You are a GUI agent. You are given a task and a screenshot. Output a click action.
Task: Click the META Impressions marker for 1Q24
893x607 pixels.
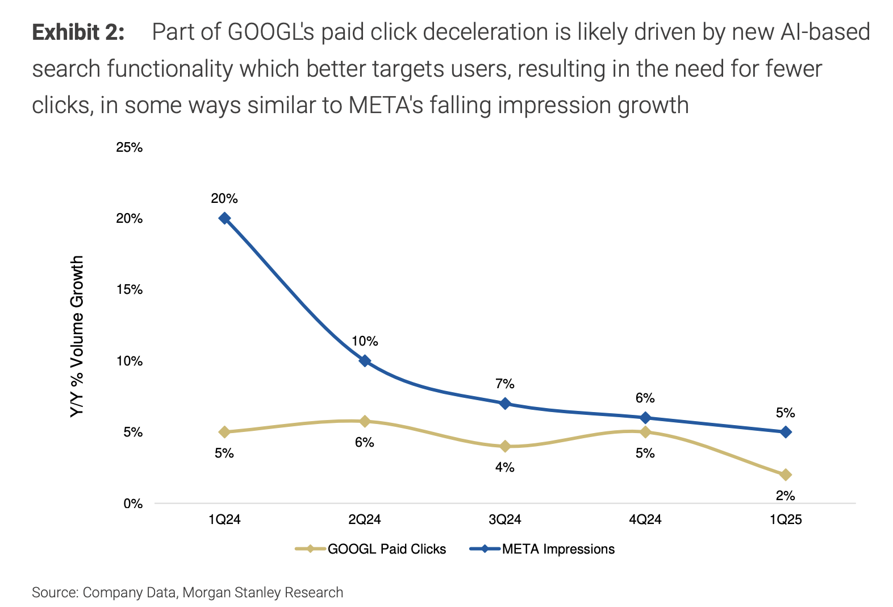pos(224,218)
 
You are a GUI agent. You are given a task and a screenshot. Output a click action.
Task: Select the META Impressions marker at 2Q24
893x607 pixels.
pos(365,361)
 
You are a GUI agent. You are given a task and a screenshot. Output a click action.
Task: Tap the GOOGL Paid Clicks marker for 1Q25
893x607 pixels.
pos(786,475)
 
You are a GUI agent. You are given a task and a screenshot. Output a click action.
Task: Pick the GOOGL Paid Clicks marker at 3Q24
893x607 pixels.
pos(505,446)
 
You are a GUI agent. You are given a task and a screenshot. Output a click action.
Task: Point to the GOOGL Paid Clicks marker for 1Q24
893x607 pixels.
pos(224,432)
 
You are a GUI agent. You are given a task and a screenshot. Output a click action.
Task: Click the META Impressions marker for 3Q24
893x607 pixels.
pos(505,404)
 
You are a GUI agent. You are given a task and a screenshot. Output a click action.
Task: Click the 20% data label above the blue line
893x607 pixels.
pos(224,199)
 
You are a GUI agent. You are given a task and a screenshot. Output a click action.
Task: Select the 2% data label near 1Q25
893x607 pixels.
pos(786,496)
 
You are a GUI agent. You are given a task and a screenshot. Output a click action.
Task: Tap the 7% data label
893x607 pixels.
pos(505,384)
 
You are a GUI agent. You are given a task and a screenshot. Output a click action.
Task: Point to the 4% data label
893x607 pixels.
pos(505,467)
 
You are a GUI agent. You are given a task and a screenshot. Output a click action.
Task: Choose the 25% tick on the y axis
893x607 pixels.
pos(130,148)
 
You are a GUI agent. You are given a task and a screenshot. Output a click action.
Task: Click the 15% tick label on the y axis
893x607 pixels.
pos(130,290)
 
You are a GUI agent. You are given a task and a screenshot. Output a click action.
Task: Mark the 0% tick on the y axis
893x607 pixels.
pos(133,504)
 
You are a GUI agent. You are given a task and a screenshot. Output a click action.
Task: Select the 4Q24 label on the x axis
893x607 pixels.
pos(645,519)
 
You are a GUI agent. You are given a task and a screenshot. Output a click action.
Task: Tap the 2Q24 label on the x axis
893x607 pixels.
pos(365,519)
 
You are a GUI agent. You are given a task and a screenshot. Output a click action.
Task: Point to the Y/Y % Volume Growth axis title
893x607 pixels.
pos(77,336)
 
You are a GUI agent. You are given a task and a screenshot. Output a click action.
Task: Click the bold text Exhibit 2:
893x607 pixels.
pos(78,32)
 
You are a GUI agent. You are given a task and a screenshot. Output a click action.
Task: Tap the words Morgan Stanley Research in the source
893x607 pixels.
pos(262,592)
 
